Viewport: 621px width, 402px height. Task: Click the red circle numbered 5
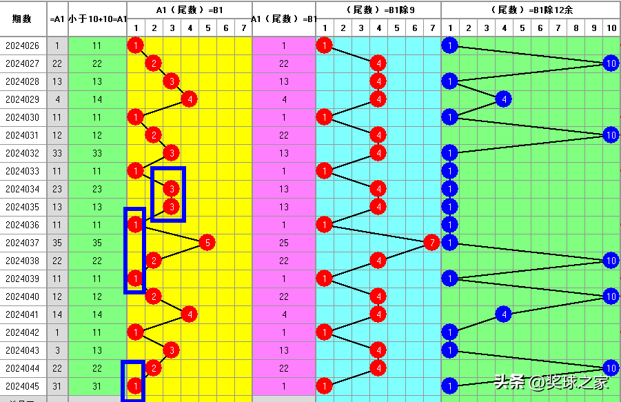pos(207,243)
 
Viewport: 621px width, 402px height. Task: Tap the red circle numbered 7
pos(431,243)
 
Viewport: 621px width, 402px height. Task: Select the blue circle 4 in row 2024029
pos(503,99)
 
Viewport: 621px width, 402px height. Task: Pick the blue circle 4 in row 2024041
pos(503,314)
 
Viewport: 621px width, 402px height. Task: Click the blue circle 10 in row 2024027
pos(611,63)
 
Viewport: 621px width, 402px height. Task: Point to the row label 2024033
pos(22,171)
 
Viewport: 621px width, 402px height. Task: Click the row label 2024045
pos(22,386)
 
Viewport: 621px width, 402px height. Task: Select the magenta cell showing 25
pos(284,243)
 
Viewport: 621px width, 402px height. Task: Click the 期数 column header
pos(22,19)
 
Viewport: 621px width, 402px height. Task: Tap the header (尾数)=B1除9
pos(378,10)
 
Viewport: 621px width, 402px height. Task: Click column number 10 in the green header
pos(611,28)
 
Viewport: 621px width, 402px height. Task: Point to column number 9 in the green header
pos(593,28)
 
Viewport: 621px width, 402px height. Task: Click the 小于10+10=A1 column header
pos(97,19)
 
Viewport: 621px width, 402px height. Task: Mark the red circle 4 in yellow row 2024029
pos(189,99)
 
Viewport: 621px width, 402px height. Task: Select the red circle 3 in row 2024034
pos(172,189)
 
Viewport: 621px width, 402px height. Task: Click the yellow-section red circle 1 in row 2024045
pos(136,386)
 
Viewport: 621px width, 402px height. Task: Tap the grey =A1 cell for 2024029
pos(57,99)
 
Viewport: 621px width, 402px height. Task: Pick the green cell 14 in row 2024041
pos(97,314)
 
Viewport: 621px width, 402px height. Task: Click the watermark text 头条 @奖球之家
pos(551,381)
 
